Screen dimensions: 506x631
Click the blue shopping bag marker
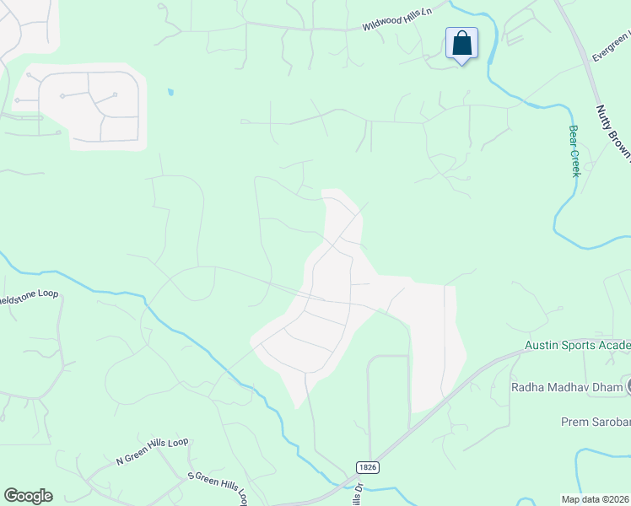click(x=461, y=43)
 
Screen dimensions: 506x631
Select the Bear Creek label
click(x=574, y=151)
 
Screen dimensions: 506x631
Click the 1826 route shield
click(x=364, y=466)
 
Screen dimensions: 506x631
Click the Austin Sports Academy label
click(x=577, y=345)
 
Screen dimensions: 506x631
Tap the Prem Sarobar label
click(x=596, y=421)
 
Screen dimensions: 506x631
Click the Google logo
click(x=28, y=496)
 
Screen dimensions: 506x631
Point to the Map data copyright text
click(x=596, y=499)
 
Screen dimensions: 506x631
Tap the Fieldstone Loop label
click(x=28, y=298)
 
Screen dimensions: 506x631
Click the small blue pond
click(x=171, y=92)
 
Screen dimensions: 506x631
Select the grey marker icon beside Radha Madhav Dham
click(x=628, y=387)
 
